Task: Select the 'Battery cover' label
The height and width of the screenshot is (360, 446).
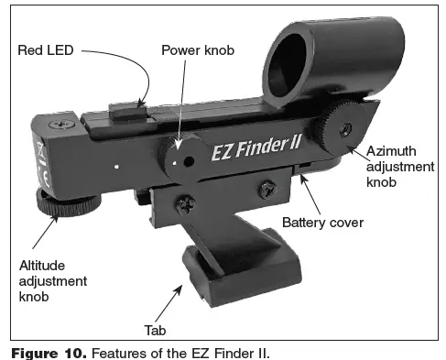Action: point(323,223)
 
